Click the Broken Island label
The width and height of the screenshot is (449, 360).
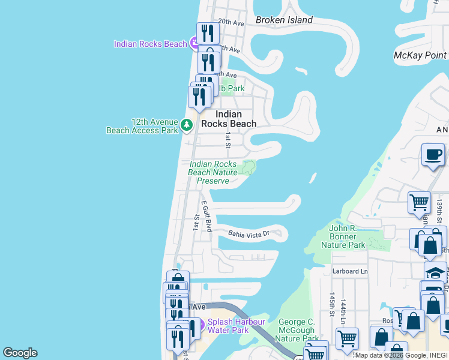point(284,20)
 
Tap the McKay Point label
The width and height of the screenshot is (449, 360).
point(420,56)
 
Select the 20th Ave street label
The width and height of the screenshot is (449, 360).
point(231,23)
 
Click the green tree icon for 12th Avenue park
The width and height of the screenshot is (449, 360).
point(187,125)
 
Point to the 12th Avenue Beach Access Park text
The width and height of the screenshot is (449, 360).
point(142,125)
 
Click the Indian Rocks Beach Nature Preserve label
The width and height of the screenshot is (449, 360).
point(212,172)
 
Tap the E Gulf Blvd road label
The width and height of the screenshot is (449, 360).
point(206,217)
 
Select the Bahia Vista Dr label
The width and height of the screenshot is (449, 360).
point(247,233)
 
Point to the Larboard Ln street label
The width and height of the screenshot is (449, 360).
point(350,271)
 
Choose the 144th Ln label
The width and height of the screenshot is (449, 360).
point(343,308)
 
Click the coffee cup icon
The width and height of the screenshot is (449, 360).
point(433,155)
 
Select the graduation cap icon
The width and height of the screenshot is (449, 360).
point(435,272)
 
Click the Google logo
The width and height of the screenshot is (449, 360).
point(20,353)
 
